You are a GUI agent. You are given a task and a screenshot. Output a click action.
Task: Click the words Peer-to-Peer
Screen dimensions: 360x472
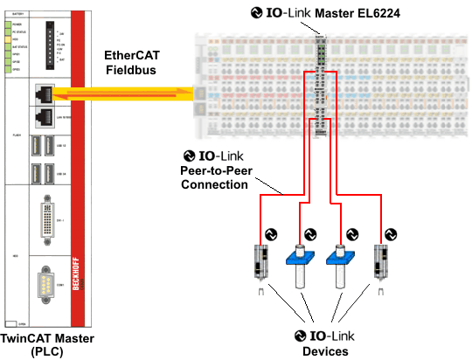216,171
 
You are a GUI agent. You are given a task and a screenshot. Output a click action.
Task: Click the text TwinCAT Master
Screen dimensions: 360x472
47,338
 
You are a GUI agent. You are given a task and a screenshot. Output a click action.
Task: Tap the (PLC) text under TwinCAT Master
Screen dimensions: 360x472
47,351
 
